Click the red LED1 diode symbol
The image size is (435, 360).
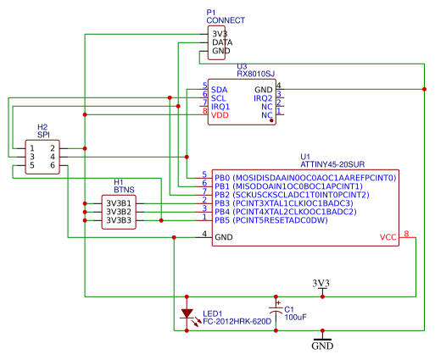tap(187, 313)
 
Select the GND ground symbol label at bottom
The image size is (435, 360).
tap(322, 346)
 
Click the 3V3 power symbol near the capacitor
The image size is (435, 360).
tap(321, 284)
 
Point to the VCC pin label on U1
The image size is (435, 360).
tap(388, 238)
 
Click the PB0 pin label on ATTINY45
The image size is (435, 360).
tap(222, 178)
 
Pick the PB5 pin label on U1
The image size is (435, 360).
tap(222, 220)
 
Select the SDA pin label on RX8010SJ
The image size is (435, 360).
tap(219, 89)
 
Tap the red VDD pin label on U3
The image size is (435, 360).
tap(220, 115)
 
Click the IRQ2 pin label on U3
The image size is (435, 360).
tap(263, 98)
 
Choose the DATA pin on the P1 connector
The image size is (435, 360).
tap(221, 42)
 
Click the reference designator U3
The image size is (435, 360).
tap(242, 66)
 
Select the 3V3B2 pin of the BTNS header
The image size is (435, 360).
tap(118, 212)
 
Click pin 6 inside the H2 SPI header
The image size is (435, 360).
tap(52, 166)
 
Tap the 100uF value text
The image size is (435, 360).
tap(295, 318)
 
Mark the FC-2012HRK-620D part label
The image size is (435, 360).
tap(237, 322)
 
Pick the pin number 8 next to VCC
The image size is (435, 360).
tap(406, 234)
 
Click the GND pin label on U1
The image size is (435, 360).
tap(224, 238)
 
